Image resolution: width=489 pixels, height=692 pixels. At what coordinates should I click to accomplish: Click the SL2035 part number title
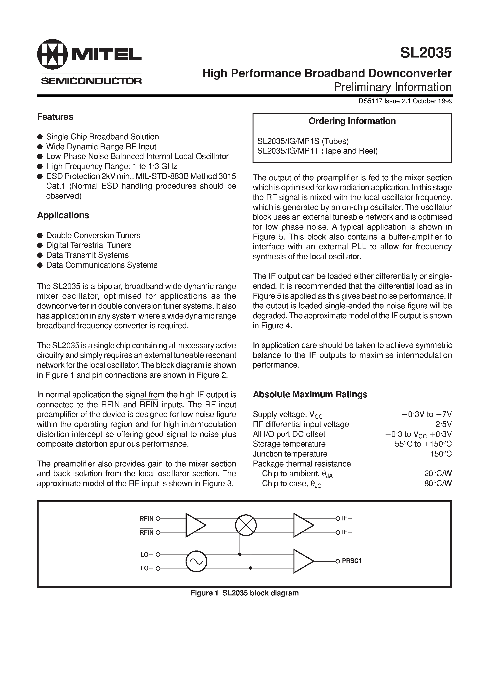[x=426, y=53]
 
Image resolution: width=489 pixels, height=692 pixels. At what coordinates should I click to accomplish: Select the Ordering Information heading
[x=352, y=121]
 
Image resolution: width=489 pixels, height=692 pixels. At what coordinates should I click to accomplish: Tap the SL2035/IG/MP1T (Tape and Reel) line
[x=317, y=151]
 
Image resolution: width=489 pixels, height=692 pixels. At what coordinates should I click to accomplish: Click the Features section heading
[x=55, y=117]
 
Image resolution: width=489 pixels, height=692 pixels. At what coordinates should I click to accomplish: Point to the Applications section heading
[x=63, y=215]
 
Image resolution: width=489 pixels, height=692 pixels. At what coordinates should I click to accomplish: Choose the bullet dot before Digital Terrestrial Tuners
[x=40, y=245]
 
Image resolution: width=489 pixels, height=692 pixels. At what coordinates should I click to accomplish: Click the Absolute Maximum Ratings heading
[x=310, y=394]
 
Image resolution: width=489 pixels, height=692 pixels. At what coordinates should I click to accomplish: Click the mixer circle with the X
[x=246, y=525]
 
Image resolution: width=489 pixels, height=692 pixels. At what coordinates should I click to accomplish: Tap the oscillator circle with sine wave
[x=196, y=561]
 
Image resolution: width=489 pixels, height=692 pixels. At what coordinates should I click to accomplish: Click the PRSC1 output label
[x=351, y=561]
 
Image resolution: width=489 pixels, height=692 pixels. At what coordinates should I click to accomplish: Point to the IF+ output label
[x=347, y=518]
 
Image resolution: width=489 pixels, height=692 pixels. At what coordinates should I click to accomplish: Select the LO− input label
[x=147, y=554]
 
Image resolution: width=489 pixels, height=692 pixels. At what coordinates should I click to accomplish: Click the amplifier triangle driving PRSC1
[x=303, y=561]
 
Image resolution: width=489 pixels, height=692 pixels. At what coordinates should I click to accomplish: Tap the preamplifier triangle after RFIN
[x=195, y=525]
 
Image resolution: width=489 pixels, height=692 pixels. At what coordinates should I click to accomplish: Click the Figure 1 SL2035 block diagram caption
[x=244, y=593]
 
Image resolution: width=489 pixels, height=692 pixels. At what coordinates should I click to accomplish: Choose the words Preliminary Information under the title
[x=392, y=87]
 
